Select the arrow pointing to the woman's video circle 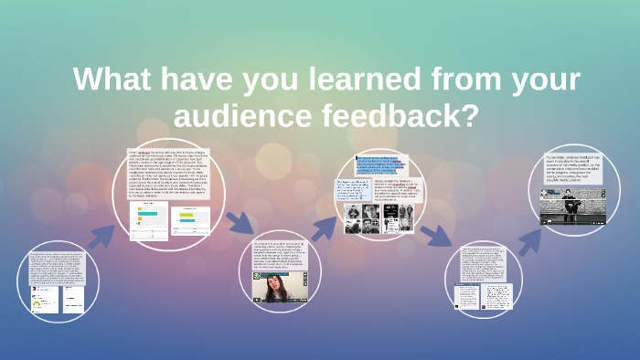(x=240, y=222)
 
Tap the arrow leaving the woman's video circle (x=324, y=229)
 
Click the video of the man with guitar (x=582, y=207)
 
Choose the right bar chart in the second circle (x=190, y=220)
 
